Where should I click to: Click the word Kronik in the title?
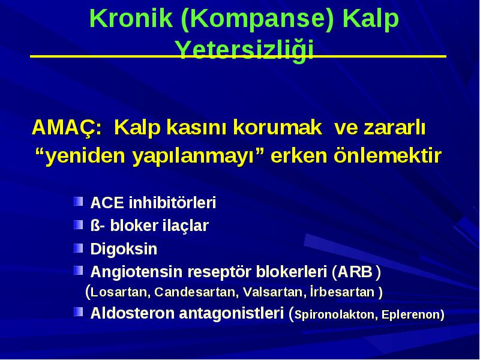coord(131,19)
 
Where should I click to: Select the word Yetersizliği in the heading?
coord(244,50)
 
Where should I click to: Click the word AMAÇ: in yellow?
coord(67,128)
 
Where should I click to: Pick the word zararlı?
coord(380,128)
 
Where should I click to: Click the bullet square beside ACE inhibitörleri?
coord(79,202)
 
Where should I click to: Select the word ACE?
coord(107,203)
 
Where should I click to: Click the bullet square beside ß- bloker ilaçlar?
coord(79,224)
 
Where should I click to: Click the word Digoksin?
coord(124,249)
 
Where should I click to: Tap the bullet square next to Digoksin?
coord(79,248)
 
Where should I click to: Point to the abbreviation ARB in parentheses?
coord(355,272)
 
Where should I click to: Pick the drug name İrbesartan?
coord(342,292)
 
